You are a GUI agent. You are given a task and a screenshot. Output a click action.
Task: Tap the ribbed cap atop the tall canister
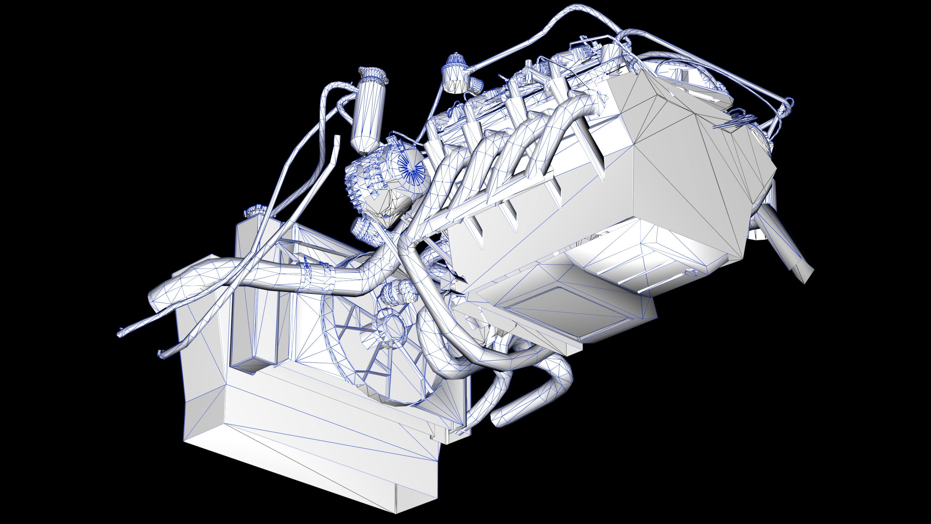click(372, 74)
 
